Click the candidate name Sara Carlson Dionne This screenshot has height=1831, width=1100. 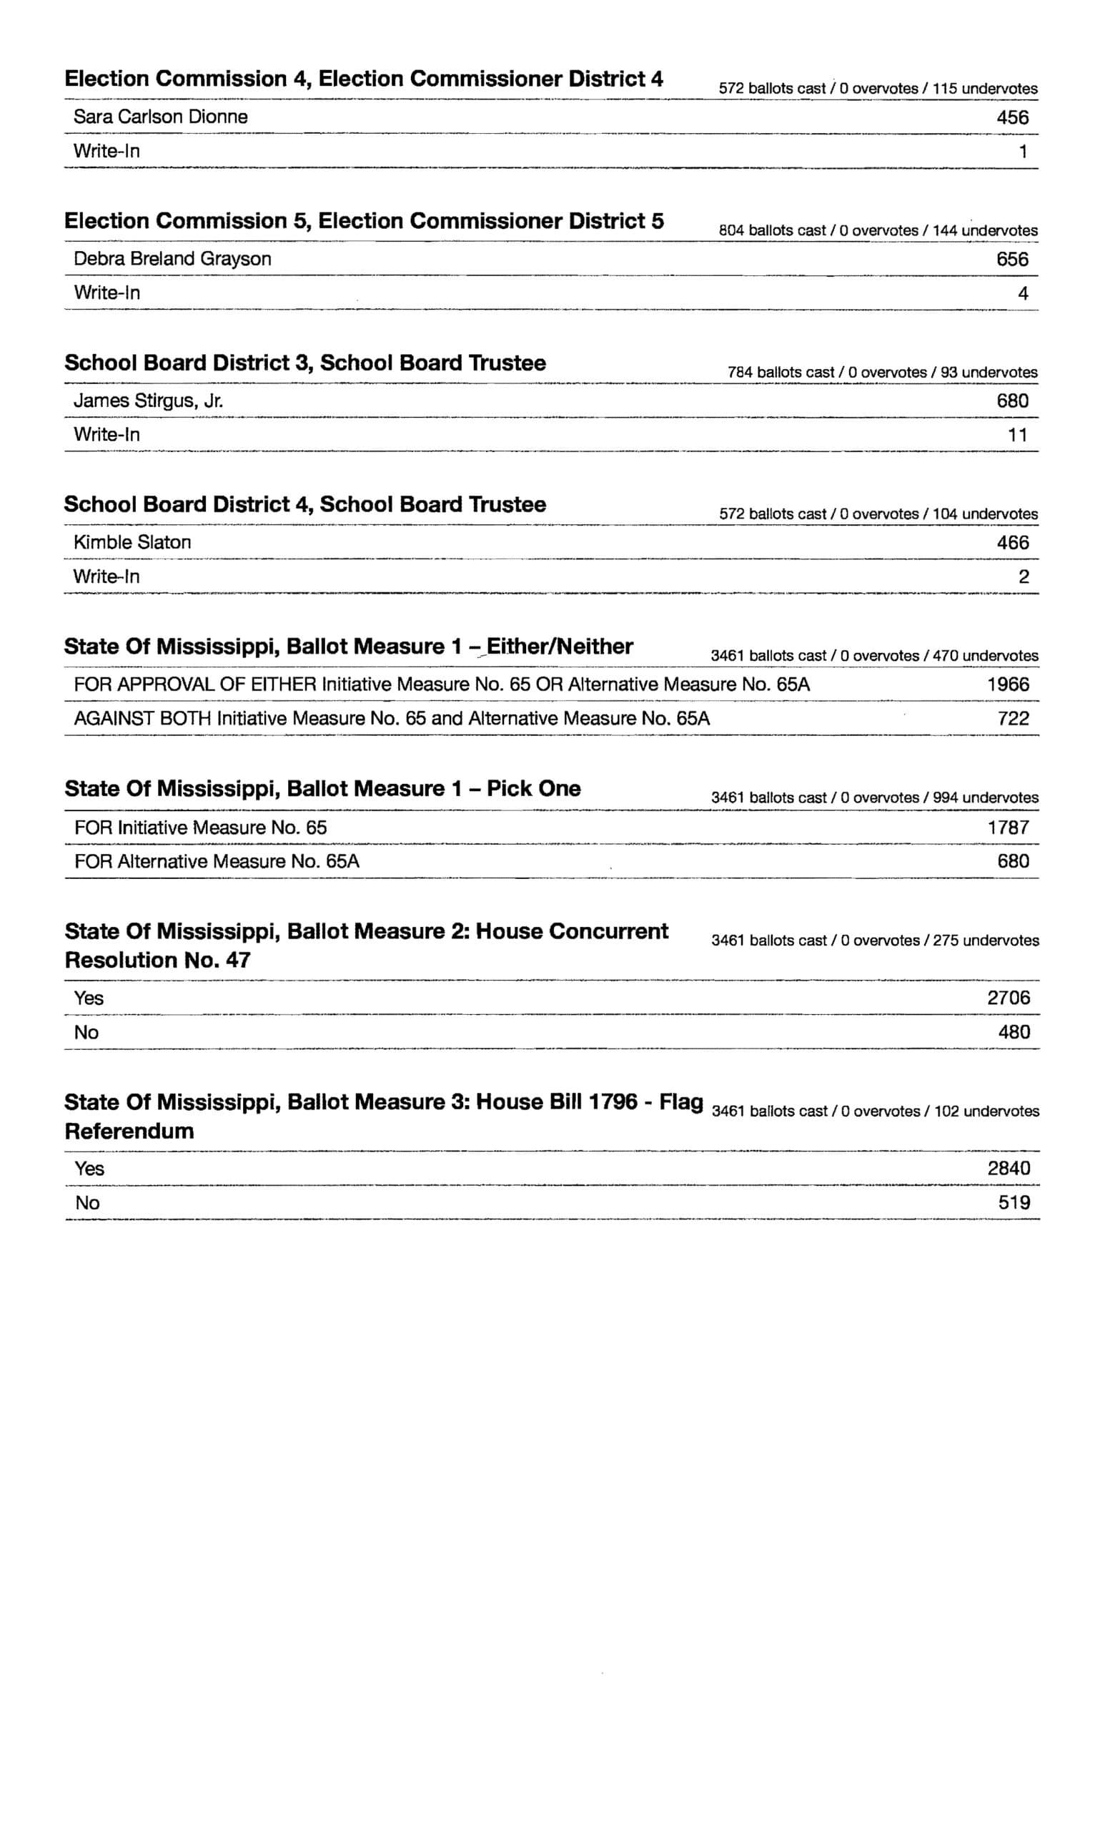160,117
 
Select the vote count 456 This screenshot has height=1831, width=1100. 1012,117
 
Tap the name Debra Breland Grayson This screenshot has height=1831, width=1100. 172,259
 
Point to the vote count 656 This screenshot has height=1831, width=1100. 1012,259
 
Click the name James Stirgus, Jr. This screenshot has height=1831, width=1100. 147,401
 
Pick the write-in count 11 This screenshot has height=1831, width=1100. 1017,436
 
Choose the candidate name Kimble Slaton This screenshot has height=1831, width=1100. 132,542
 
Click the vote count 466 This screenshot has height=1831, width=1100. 1012,543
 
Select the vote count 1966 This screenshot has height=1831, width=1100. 1007,684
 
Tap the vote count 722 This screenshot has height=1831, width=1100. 1013,718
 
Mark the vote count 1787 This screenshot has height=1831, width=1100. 1007,827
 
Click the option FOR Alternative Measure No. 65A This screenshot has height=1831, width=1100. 217,861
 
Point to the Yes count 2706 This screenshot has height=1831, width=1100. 1008,998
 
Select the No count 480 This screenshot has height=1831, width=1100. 1014,1031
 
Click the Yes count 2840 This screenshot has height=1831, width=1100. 1008,1168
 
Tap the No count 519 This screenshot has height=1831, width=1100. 1014,1202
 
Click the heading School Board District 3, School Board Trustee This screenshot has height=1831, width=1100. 304,363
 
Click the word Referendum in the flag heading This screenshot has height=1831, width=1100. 129,1131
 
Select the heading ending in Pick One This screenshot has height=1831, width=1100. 322,788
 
